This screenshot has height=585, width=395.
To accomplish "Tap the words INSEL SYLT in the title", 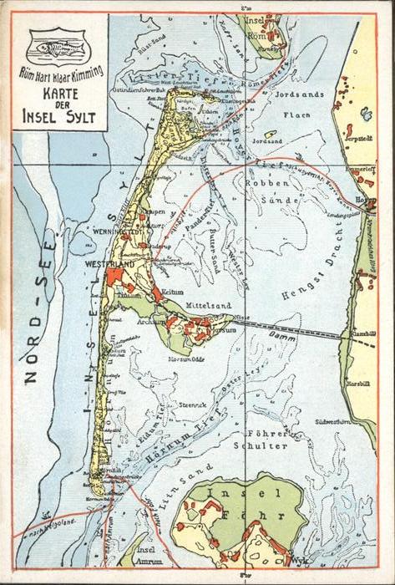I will click(60, 115).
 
